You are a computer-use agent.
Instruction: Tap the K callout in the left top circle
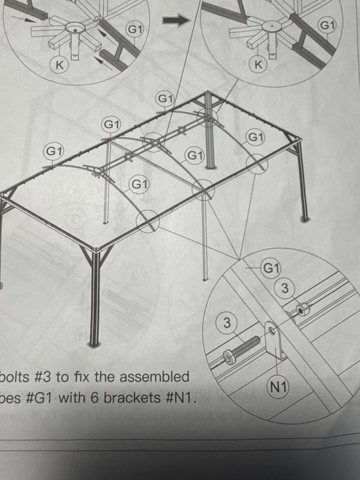59,65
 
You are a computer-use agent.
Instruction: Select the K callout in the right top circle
259,65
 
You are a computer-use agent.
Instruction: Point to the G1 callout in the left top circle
134,29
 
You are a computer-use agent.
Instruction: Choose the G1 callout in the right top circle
327,25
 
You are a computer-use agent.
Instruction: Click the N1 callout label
278,388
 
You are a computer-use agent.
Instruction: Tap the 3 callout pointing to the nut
285,288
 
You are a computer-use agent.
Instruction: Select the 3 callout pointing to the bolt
227,323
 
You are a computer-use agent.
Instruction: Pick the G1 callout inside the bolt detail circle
271,268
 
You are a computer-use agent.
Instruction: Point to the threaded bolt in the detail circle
241,350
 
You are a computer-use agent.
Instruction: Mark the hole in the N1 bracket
272,330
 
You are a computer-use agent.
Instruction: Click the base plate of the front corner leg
94,344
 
